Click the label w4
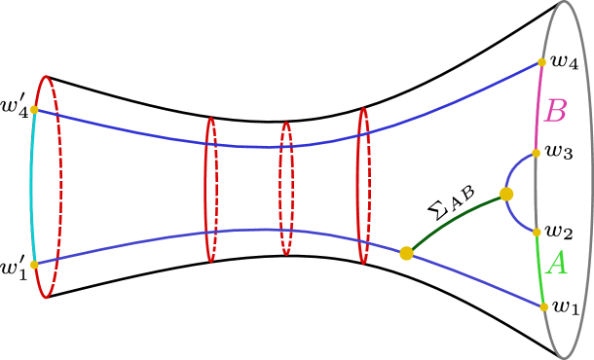click(565, 61)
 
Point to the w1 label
click(566, 306)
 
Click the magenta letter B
click(555, 111)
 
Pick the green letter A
click(557, 263)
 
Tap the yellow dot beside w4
click(541, 62)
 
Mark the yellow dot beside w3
click(536, 153)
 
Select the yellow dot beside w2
click(537, 232)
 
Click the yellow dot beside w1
click(542, 306)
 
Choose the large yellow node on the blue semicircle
click(506, 194)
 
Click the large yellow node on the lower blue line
click(406, 253)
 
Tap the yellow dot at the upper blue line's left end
click(34, 109)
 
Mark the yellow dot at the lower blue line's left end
click(34, 264)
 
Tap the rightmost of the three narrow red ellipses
click(363, 185)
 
